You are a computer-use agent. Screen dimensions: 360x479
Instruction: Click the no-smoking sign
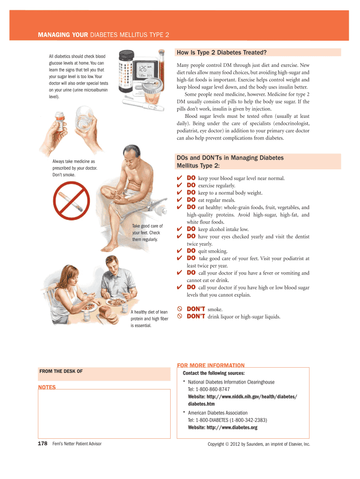[72, 201]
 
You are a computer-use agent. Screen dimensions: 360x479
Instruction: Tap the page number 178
[43, 443]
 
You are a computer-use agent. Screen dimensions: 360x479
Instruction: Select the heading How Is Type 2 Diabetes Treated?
[222, 52]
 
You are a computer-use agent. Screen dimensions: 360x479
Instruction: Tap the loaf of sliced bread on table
[108, 315]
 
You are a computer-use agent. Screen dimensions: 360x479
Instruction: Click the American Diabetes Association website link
[223, 428]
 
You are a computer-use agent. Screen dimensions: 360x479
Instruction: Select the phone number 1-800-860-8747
[213, 389]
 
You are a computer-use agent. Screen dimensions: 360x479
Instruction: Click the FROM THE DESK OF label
[61, 371]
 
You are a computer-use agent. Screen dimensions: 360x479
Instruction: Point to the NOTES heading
[47, 387]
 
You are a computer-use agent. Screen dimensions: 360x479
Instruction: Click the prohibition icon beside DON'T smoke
[180, 309]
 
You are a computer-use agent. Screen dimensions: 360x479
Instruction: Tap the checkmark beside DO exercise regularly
[180, 185]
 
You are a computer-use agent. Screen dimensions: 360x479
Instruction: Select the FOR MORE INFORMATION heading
[211, 365]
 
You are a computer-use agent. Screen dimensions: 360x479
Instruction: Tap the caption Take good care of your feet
[147, 233]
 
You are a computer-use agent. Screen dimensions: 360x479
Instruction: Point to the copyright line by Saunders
[259, 444]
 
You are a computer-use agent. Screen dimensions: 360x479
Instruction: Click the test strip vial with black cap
[126, 71]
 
